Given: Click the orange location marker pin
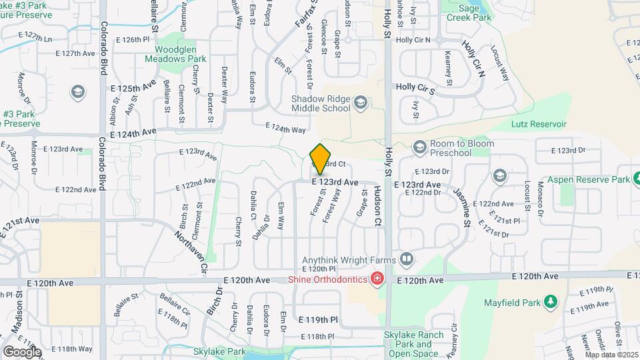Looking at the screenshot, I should click(x=321, y=159).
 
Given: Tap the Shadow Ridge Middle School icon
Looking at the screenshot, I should click(x=361, y=102).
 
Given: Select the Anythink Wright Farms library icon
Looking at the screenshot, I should click(x=406, y=259).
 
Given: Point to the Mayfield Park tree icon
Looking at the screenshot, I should click(x=551, y=302).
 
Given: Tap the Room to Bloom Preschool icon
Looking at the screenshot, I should click(x=420, y=145).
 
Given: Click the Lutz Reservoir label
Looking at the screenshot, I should click(x=539, y=124).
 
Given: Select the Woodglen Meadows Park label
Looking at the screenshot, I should click(x=176, y=54).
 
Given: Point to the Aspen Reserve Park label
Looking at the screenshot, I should click(x=589, y=180).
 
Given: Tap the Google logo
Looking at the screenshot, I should click(x=22, y=351).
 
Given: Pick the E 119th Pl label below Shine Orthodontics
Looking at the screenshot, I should click(x=319, y=320).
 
